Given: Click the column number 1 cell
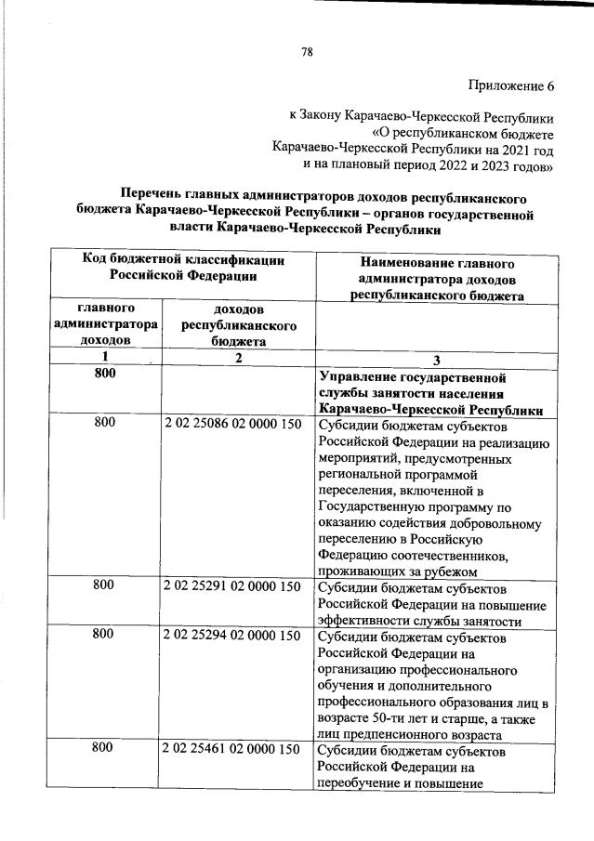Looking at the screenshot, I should tap(105, 358).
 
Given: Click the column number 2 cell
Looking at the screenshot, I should tap(238, 358).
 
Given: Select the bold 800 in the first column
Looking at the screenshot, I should tap(105, 374).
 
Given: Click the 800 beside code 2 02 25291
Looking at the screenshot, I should tap(105, 586).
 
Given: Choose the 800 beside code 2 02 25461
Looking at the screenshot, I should tap(105, 749).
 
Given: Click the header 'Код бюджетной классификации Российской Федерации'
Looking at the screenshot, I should tap(183, 268).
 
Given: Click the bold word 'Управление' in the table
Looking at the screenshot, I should tap(357, 378).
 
